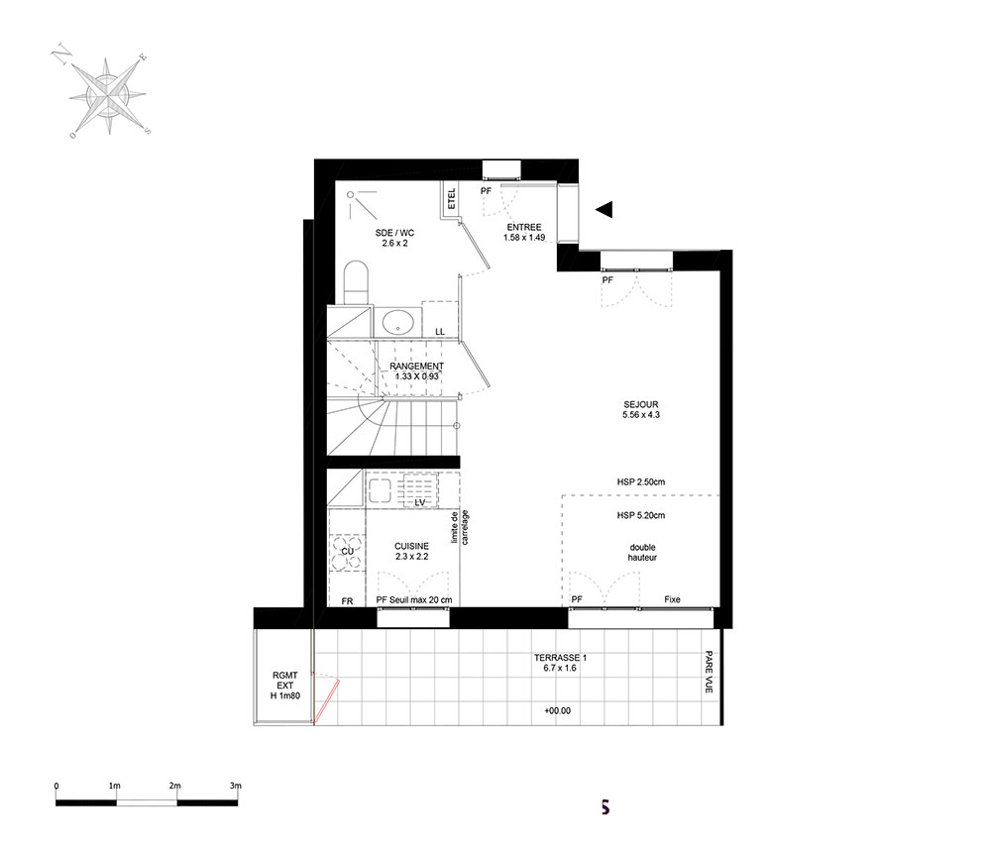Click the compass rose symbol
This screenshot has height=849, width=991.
pyautogui.click(x=107, y=95)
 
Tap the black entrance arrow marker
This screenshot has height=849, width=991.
pyautogui.click(x=605, y=209)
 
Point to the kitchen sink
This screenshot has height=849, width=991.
pyautogui.click(x=380, y=490)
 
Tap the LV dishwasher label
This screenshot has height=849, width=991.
pyautogui.click(x=419, y=503)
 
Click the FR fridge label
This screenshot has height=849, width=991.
pyautogui.click(x=347, y=601)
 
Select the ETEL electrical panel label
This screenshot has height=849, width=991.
pyautogui.click(x=451, y=199)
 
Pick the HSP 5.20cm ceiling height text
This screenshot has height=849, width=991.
pyautogui.click(x=641, y=515)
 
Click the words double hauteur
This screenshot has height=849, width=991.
pyautogui.click(x=642, y=552)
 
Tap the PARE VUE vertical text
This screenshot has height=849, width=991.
pyautogui.click(x=709, y=672)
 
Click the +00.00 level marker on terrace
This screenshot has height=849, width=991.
pyautogui.click(x=557, y=710)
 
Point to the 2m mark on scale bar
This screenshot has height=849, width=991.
pyautogui.click(x=175, y=786)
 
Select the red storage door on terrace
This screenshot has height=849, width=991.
pyautogui.click(x=326, y=700)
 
